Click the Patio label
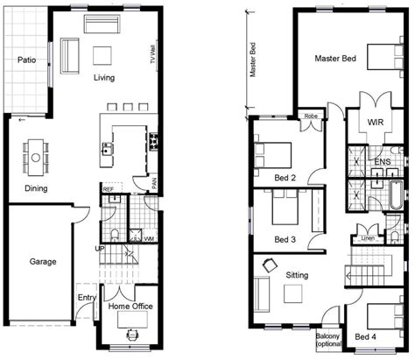(x=25, y=60)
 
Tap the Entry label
(x=86, y=298)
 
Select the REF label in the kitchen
(x=108, y=189)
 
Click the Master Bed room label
(x=335, y=59)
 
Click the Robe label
(x=311, y=115)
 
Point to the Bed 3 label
(x=285, y=238)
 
